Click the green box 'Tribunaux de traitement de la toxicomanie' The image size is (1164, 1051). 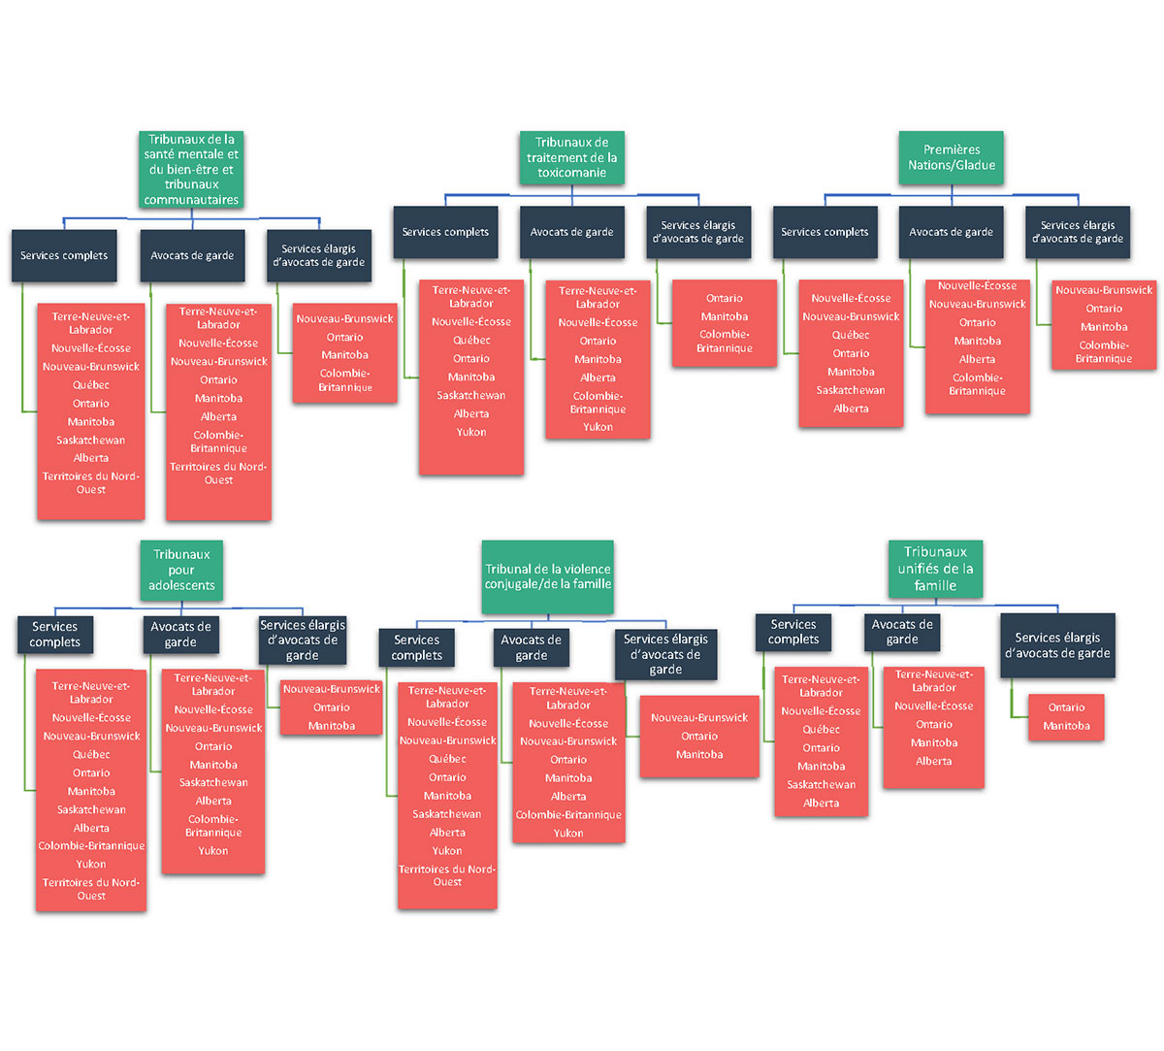coord(571,157)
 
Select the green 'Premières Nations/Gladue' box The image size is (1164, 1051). coord(951,157)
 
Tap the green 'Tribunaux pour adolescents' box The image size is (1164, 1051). coord(181,571)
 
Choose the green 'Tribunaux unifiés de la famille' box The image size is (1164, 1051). coord(935,569)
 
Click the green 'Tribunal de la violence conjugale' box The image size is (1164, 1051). coord(548,576)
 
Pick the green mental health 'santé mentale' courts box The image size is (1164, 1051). coord(191,169)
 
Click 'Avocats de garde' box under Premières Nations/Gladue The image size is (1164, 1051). coord(951,232)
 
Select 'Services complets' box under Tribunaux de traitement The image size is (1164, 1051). coord(445,232)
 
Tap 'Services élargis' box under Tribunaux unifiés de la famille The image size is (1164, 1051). coord(1057,645)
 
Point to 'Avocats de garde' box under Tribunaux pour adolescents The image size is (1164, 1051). coord(181,635)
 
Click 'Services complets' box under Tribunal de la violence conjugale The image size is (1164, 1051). coord(417,647)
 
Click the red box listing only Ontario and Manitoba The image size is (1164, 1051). coord(1066,717)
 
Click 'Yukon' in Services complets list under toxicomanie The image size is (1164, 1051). coord(471,432)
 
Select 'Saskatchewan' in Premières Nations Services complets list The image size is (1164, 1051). coord(851,390)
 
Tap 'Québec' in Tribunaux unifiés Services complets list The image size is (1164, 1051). coord(821,730)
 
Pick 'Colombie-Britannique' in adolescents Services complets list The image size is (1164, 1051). coord(92,846)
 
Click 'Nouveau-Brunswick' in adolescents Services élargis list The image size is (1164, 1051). coord(332,689)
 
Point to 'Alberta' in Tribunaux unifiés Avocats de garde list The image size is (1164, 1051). coord(934,761)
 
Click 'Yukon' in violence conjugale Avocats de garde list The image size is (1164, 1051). coord(568,834)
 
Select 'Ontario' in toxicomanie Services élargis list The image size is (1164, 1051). coord(725,299)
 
